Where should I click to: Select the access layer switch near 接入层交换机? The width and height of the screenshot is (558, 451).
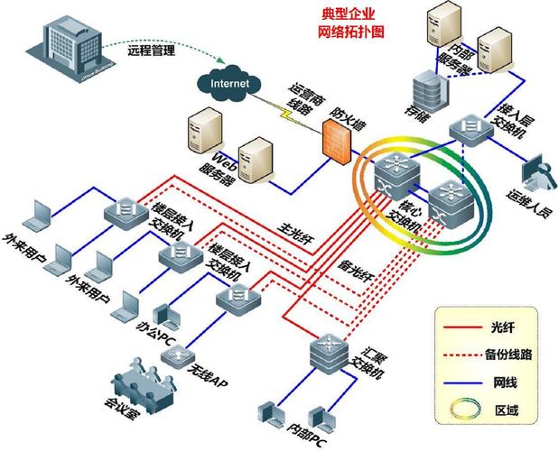[x=468, y=128]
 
